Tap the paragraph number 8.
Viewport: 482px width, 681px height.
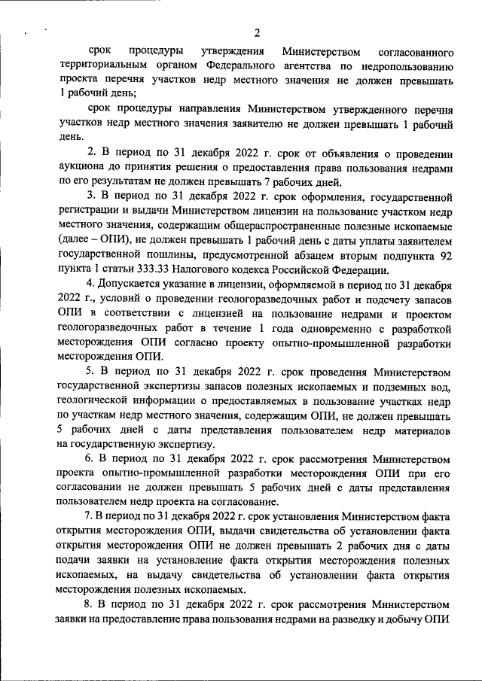coord(88,604)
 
